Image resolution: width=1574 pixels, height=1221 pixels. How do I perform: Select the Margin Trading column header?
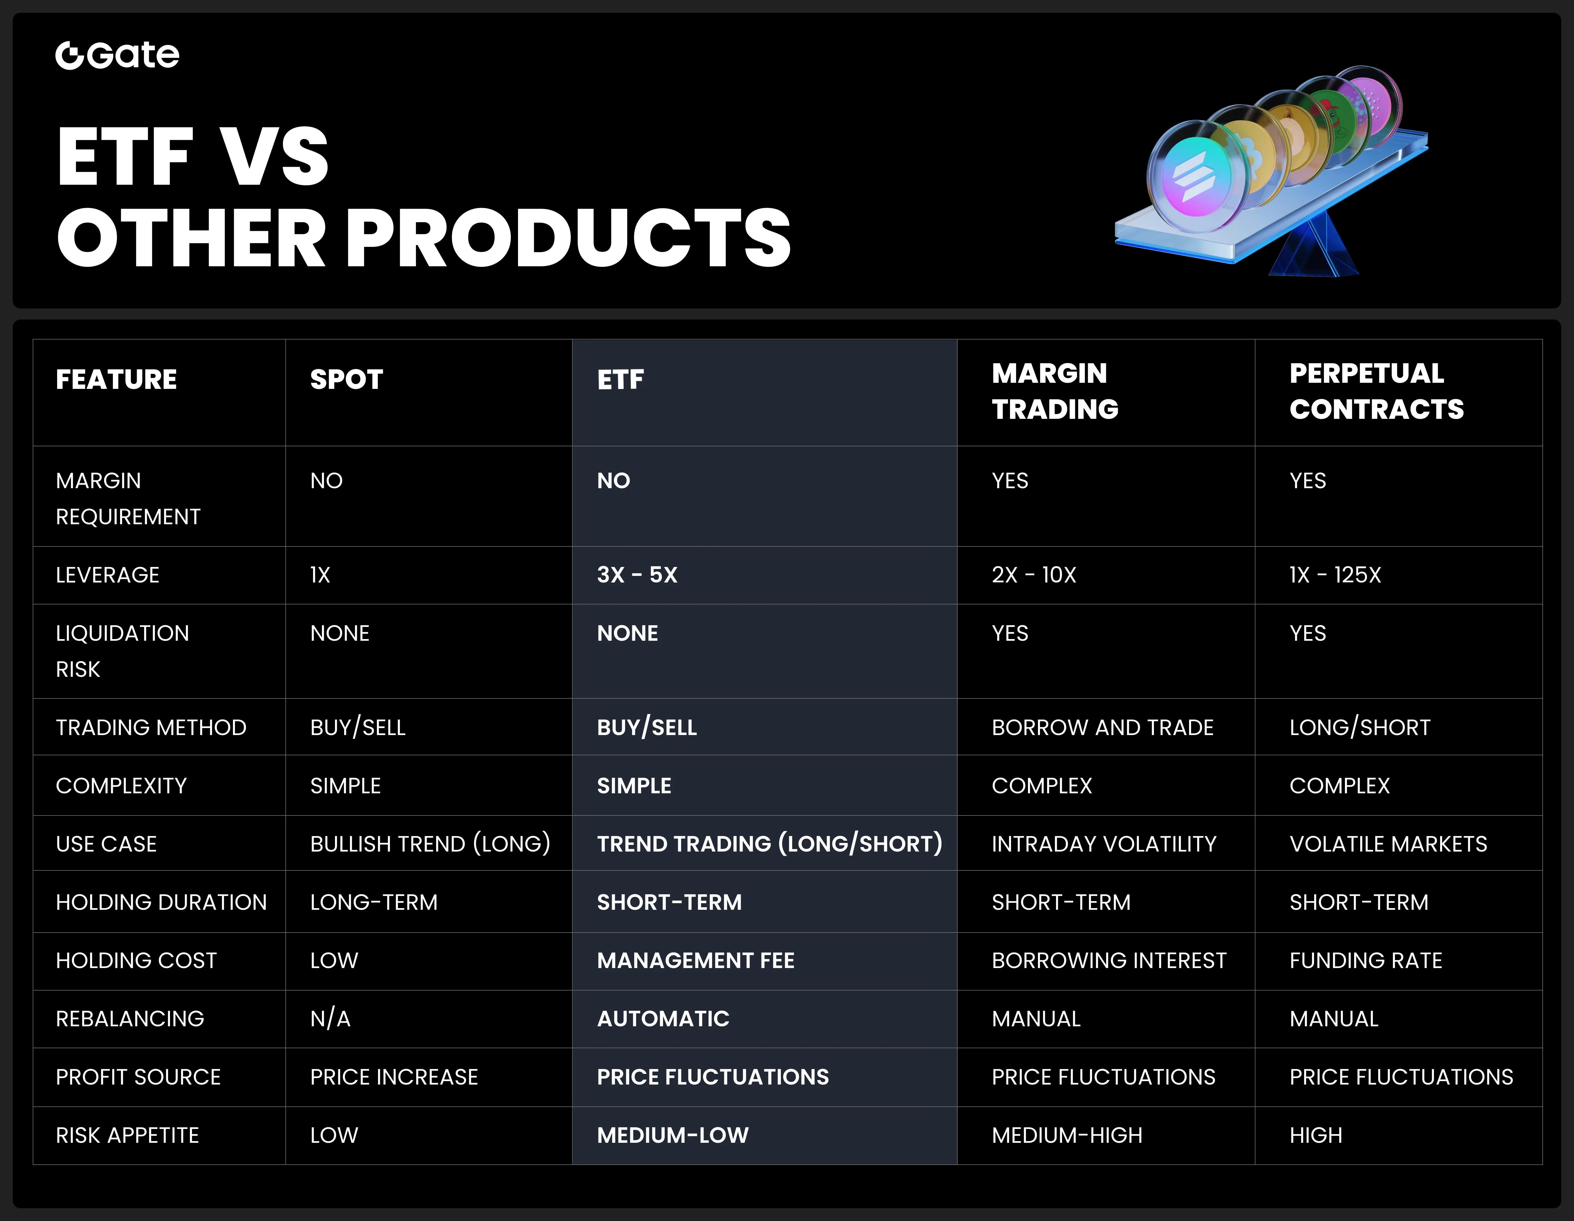pos(1055,391)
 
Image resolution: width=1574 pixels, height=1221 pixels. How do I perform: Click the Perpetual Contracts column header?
pos(1377,391)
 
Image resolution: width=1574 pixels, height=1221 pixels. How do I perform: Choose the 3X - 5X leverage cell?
pos(637,574)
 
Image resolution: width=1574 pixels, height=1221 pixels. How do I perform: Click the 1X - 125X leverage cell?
pos(1335,574)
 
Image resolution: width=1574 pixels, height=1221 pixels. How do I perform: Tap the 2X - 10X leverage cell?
pos(1034,574)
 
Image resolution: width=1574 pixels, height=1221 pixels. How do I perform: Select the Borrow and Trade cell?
pos(1103,727)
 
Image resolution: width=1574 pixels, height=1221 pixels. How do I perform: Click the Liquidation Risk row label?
pos(123,651)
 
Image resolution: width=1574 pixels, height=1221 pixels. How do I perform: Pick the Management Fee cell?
pos(695,960)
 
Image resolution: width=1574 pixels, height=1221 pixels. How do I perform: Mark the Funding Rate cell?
pos(1366,960)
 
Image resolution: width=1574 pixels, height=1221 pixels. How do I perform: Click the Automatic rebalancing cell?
pos(663,1019)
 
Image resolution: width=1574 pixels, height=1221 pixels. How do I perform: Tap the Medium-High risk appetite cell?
pos(1067,1135)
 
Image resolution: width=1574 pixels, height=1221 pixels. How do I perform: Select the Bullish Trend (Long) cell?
pos(430,843)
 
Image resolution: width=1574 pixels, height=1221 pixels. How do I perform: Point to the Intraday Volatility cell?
pos(1103,843)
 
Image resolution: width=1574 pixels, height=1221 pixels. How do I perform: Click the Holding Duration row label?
pos(161,902)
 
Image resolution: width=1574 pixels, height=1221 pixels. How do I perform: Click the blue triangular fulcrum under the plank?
pos(1315,245)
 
